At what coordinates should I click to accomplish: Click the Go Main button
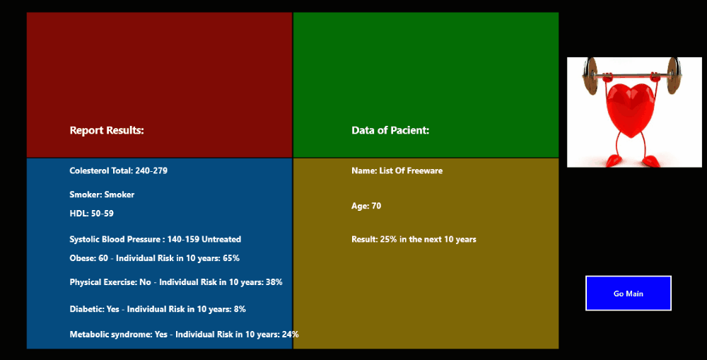click(x=628, y=294)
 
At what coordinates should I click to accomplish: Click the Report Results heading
click(x=107, y=130)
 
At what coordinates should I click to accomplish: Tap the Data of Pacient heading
click(x=390, y=130)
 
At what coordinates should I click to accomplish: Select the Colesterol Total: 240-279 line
click(x=119, y=170)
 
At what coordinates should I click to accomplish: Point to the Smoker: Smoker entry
click(x=102, y=194)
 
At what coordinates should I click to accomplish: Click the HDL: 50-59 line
click(x=91, y=214)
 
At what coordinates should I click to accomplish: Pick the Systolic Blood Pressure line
click(x=155, y=239)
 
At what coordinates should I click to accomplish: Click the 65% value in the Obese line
click(x=231, y=258)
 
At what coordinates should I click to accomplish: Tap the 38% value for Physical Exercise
click(x=274, y=282)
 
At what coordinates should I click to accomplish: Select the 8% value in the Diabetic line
click(x=240, y=309)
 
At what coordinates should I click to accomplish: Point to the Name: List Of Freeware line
click(x=397, y=170)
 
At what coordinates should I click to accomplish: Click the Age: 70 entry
click(x=366, y=206)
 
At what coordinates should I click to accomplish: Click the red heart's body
click(x=630, y=108)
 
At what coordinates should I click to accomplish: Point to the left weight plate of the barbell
click(x=590, y=76)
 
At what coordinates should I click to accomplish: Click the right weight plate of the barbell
click(x=673, y=76)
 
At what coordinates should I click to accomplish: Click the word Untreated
click(x=221, y=239)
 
